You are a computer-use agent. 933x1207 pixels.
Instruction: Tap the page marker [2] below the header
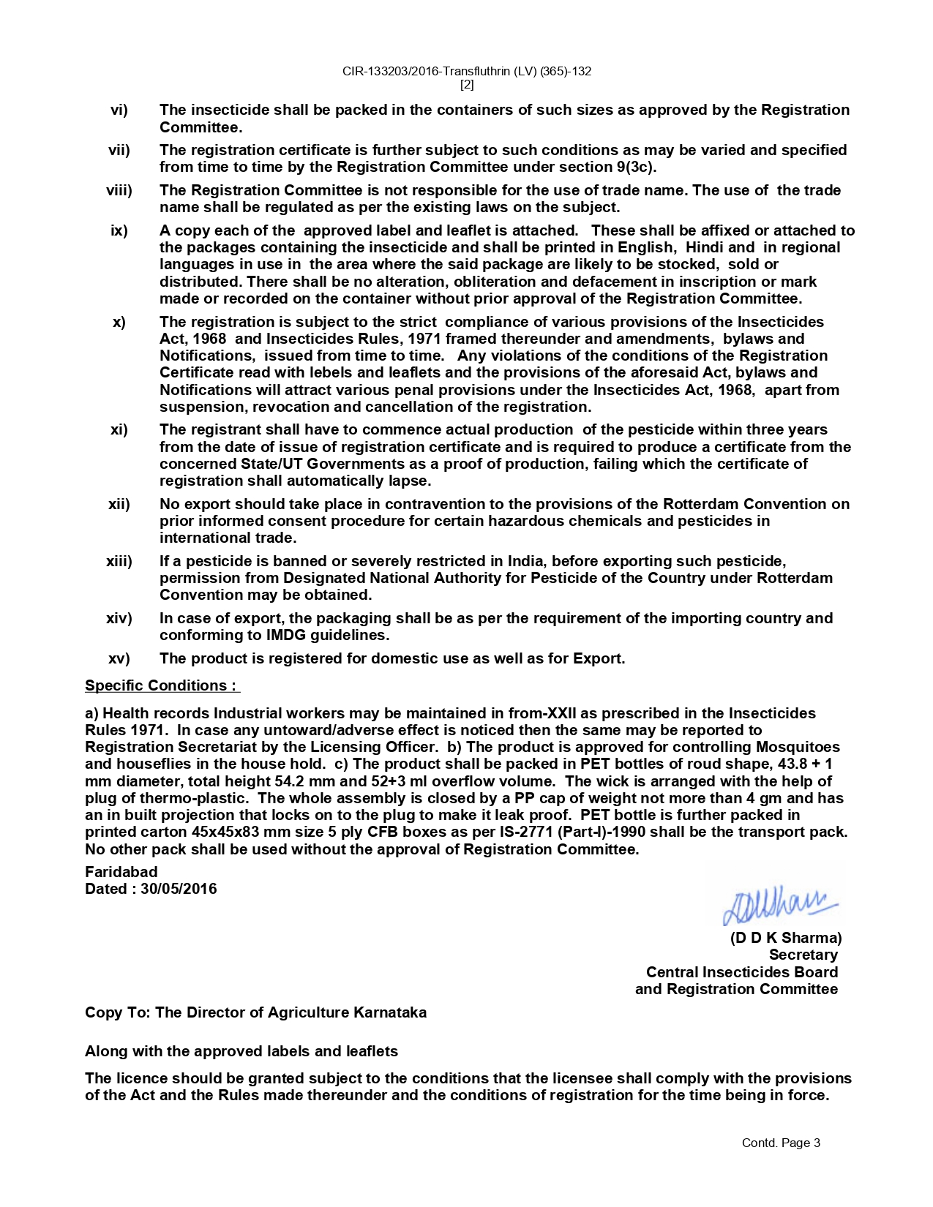click(x=467, y=85)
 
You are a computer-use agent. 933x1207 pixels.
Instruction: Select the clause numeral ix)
click(x=119, y=231)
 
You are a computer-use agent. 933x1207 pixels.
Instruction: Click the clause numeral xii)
click(x=119, y=504)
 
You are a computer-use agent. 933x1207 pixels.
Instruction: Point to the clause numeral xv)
click(x=119, y=658)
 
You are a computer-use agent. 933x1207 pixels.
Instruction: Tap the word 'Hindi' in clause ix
click(x=705, y=248)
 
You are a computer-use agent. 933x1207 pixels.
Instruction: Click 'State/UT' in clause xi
click(x=271, y=464)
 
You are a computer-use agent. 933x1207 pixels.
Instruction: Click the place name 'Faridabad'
click(x=121, y=872)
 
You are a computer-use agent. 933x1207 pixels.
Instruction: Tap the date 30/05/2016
click(x=179, y=889)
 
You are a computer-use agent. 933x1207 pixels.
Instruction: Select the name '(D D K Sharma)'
click(x=785, y=938)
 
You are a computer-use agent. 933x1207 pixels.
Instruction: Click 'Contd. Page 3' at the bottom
click(x=781, y=1143)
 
